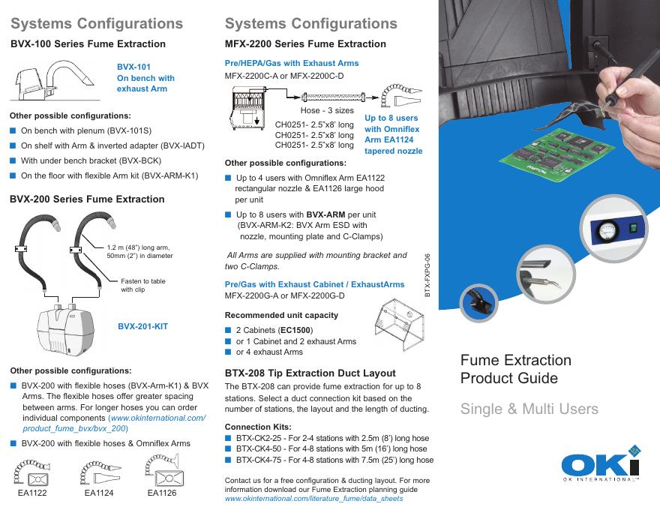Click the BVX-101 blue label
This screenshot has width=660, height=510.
(x=133, y=67)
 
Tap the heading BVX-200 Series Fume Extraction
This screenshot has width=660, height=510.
(x=87, y=199)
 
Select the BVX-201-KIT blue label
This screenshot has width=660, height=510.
(x=142, y=327)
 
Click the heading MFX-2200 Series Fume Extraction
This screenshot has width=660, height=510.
(x=305, y=44)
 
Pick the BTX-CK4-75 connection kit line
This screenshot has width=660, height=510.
(x=334, y=460)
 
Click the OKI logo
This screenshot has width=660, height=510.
(x=600, y=462)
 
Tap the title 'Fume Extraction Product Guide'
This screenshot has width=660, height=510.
(x=515, y=368)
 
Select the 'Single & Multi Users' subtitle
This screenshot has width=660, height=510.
(x=529, y=409)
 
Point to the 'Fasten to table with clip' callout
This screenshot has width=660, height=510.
(x=143, y=285)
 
